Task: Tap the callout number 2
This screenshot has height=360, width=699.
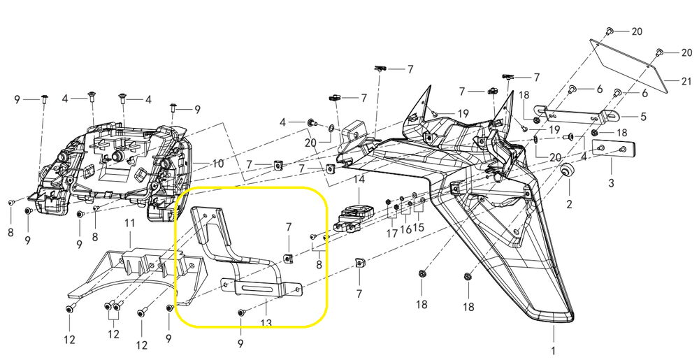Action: coord(569,204)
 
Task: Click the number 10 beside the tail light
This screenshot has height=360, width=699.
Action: coord(218,164)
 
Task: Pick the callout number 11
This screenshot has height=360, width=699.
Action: coord(129,224)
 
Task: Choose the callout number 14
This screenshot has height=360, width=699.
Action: coord(359,179)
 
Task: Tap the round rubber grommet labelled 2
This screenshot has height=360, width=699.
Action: coord(568,173)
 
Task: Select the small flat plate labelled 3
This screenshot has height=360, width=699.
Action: coord(613,148)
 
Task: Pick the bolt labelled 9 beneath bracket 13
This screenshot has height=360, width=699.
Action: coord(241,312)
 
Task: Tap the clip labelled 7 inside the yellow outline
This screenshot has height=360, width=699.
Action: coord(287,259)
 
